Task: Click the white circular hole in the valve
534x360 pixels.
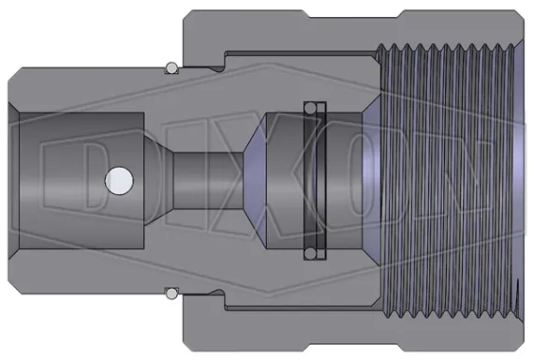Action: click(x=117, y=177)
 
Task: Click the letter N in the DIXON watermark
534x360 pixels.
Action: click(x=450, y=177)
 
